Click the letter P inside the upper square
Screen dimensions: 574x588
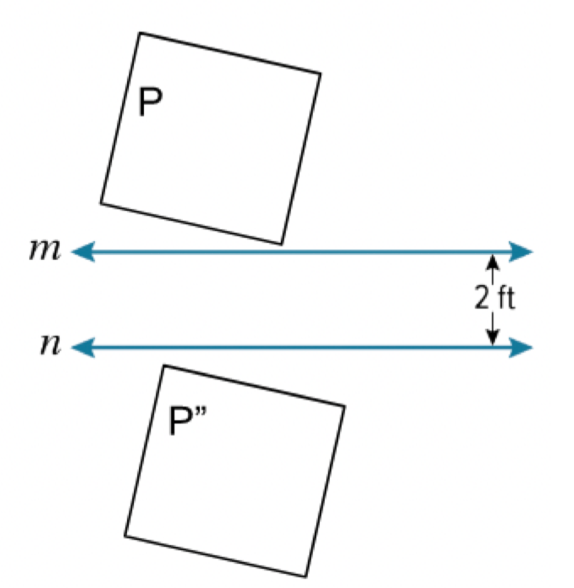click(x=150, y=102)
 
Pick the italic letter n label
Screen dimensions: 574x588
click(x=51, y=345)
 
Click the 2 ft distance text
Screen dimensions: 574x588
click(x=495, y=298)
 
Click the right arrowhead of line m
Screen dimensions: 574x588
click(x=521, y=251)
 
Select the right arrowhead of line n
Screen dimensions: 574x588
click(x=521, y=348)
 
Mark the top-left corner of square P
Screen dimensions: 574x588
click(x=140, y=33)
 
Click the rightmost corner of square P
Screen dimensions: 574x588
click(x=321, y=73)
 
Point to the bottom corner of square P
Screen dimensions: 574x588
click(x=281, y=244)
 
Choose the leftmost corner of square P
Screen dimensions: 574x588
click(x=101, y=203)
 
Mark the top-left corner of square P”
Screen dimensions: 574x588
click(x=164, y=365)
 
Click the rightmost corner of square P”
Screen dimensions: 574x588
click(x=345, y=406)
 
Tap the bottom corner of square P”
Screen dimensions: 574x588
click(x=306, y=576)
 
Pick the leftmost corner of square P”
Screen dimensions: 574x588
click(x=125, y=536)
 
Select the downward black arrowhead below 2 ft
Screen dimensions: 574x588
click(x=493, y=337)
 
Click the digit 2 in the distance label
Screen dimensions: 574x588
click(x=482, y=298)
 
